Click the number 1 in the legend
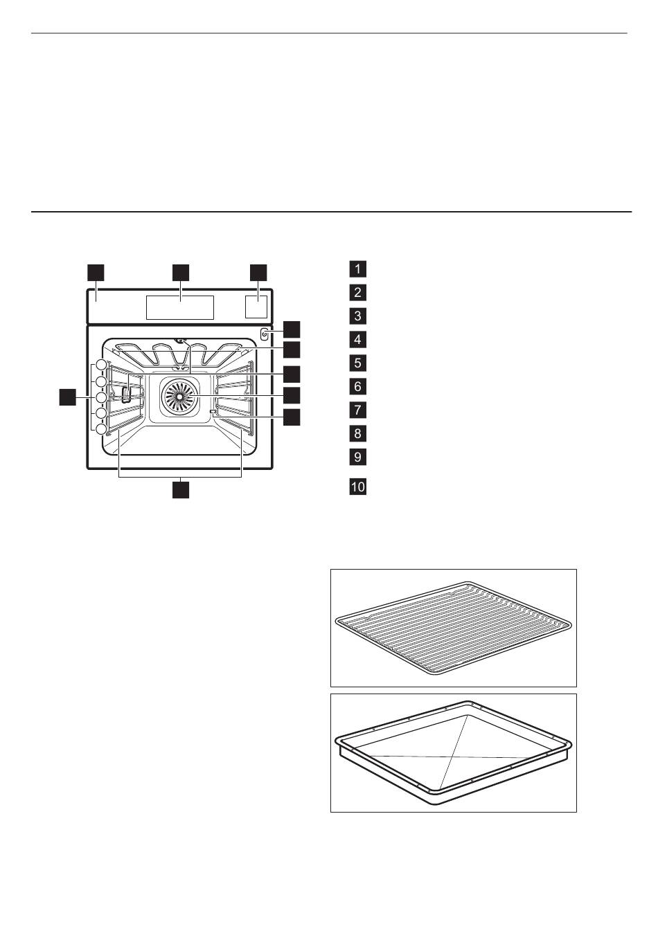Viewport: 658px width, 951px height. tap(357, 269)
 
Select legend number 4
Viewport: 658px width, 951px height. tap(357, 339)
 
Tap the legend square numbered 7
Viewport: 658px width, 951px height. tap(357, 410)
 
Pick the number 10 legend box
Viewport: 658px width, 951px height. tap(357, 486)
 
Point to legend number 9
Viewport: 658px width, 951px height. tap(357, 457)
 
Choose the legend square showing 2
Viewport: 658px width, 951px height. tap(357, 292)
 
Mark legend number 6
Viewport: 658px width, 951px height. tap(357, 386)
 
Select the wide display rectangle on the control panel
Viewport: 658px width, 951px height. tap(179, 307)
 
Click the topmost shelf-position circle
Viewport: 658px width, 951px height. tap(100, 365)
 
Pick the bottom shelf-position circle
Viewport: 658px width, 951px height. tap(100, 429)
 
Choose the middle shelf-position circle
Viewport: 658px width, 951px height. tap(100, 397)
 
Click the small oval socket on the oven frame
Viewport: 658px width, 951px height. tap(264, 335)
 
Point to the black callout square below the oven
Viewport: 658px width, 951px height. tap(181, 489)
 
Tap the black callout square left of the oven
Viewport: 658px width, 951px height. tap(68, 397)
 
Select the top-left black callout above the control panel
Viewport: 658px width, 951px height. tap(96, 273)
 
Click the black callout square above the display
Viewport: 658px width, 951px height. tap(181, 273)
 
